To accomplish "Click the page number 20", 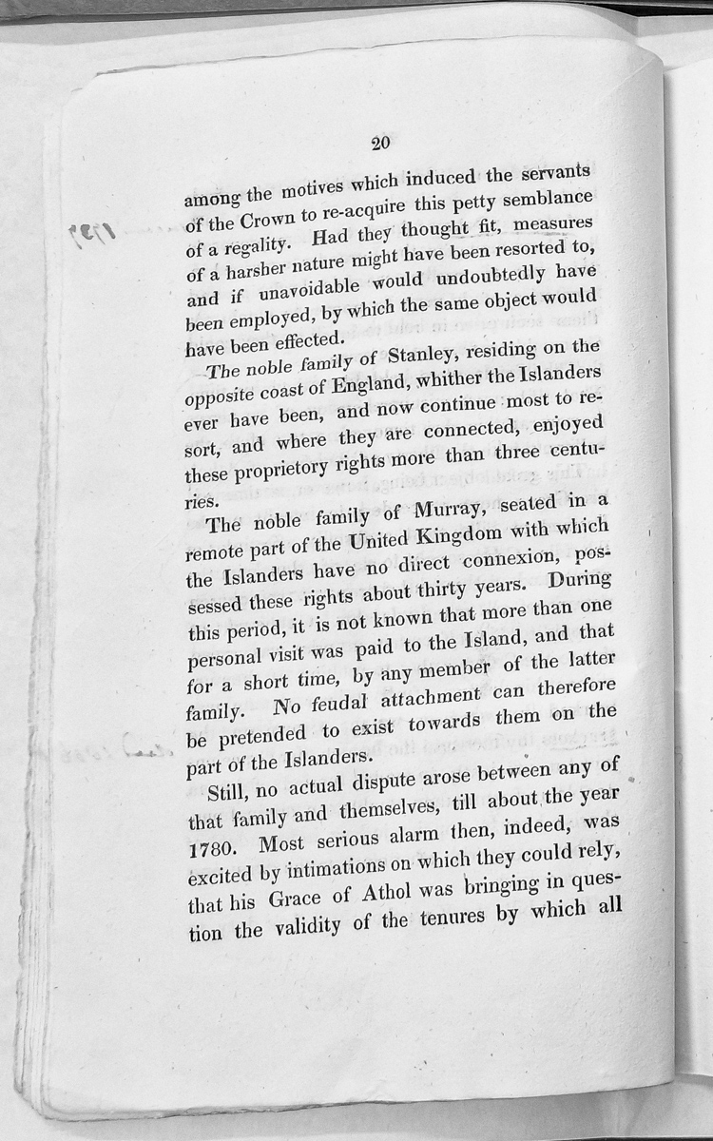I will click(x=381, y=145).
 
